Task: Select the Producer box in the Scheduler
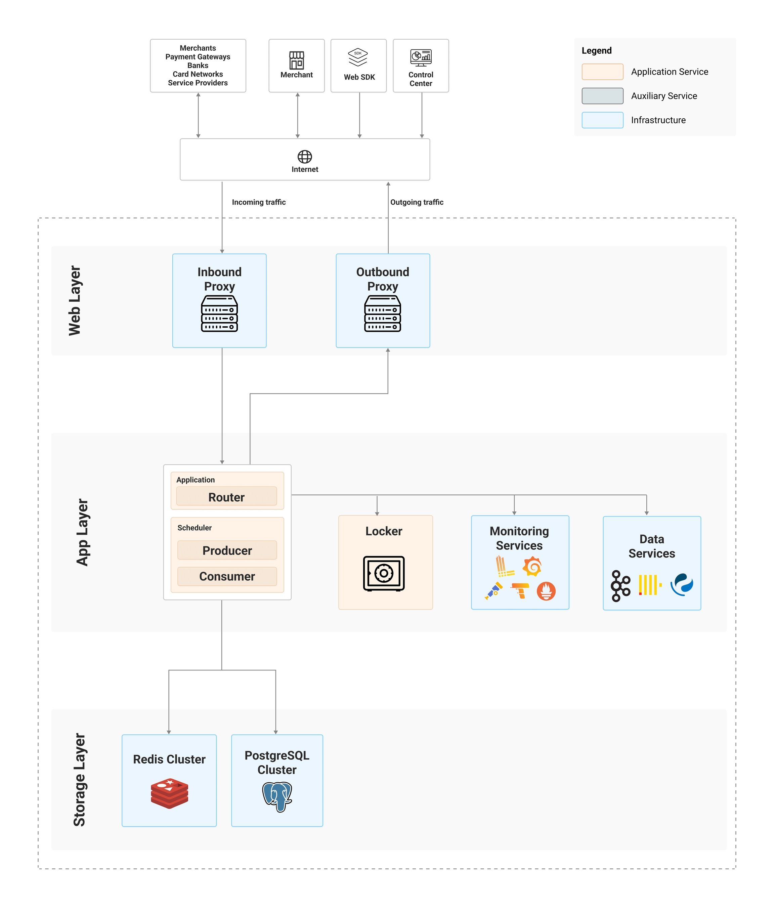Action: coord(227,550)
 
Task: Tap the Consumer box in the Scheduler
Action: coord(227,576)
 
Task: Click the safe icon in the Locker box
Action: coord(384,573)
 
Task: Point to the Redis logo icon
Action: coord(169,793)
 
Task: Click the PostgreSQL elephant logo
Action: coord(277,797)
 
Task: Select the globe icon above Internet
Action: coord(304,156)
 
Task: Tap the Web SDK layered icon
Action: coord(358,57)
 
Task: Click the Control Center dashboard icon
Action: coord(421,58)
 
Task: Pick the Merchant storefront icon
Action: coord(297,60)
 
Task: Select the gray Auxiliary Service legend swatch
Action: coord(602,96)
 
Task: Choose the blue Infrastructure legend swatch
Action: coord(602,120)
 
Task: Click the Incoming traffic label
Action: coord(259,202)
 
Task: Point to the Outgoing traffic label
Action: coord(417,202)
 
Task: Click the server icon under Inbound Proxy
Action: coord(219,314)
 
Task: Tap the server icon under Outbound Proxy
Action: coord(382,314)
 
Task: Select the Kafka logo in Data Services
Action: coord(620,586)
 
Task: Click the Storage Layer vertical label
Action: coord(79,780)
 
